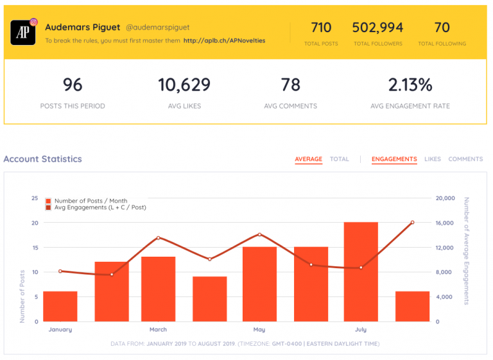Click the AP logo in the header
(23, 32)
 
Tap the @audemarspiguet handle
(157, 28)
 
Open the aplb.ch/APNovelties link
(224, 40)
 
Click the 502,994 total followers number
(377, 28)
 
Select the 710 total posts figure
(321, 28)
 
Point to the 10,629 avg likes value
(184, 85)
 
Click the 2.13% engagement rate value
(410, 85)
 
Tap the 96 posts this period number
(73, 85)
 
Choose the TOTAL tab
(340, 159)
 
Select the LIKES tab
(433, 159)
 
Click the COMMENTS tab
(465, 159)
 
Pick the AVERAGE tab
(308, 159)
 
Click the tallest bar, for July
(361, 271)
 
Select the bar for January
(60, 306)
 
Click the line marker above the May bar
(259, 234)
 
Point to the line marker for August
(412, 222)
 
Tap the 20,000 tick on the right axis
(445, 198)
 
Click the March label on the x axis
(158, 330)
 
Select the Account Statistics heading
(43, 159)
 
